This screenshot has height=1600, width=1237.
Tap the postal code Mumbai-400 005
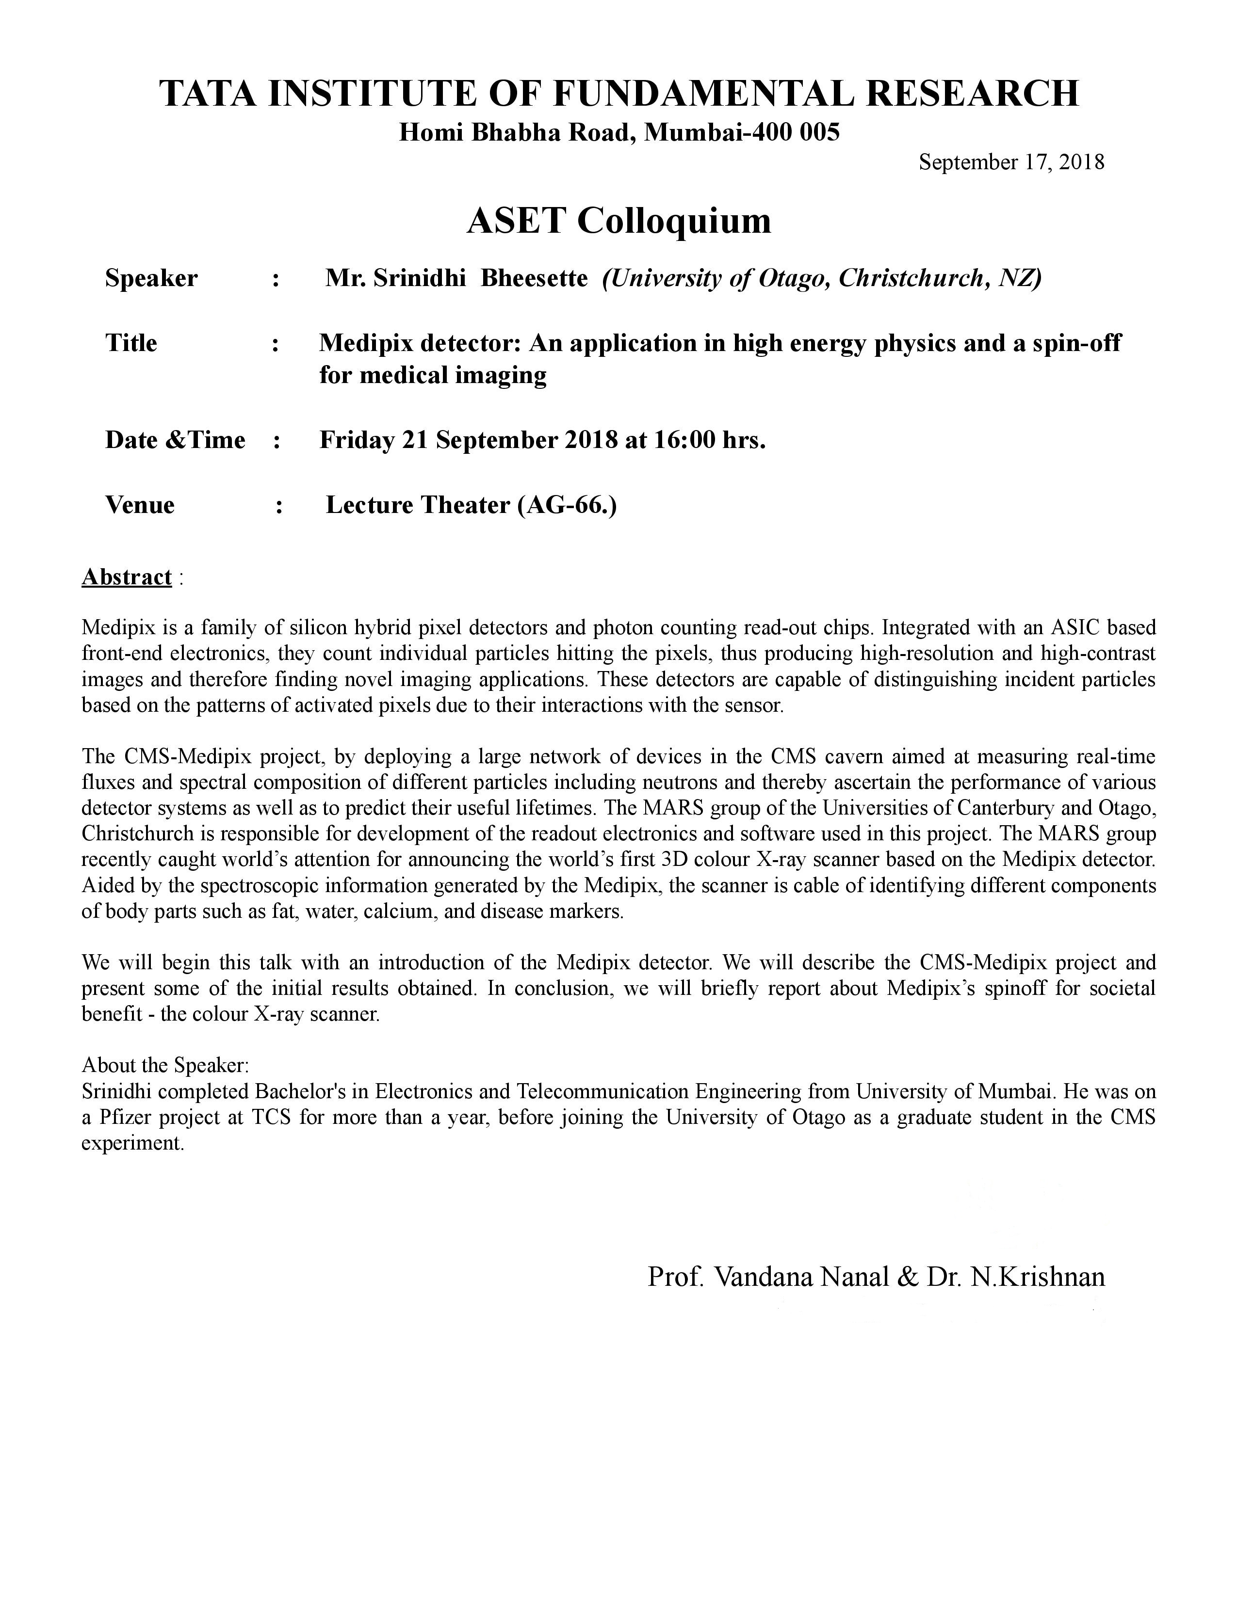(x=742, y=132)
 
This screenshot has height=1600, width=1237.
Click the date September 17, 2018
(x=1011, y=162)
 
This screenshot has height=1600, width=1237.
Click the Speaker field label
(x=151, y=278)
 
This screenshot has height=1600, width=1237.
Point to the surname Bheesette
(x=534, y=278)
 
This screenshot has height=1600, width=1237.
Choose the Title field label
(x=131, y=343)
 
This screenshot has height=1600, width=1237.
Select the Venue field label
(x=140, y=505)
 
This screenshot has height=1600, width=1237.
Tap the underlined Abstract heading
(x=127, y=577)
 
